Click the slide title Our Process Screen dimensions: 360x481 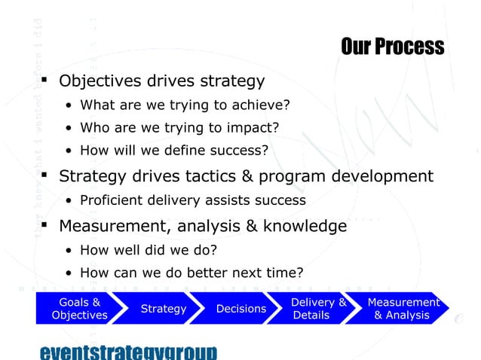click(x=392, y=47)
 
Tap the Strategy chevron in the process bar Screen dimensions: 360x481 click(x=164, y=309)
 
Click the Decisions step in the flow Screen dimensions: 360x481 click(x=240, y=309)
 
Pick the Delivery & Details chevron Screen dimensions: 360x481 click(x=317, y=309)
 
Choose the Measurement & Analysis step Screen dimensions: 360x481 click(x=403, y=309)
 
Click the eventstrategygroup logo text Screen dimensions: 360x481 click(x=127, y=352)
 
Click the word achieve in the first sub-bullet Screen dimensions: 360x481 click(x=260, y=105)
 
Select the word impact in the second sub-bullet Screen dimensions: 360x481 click(x=254, y=127)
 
